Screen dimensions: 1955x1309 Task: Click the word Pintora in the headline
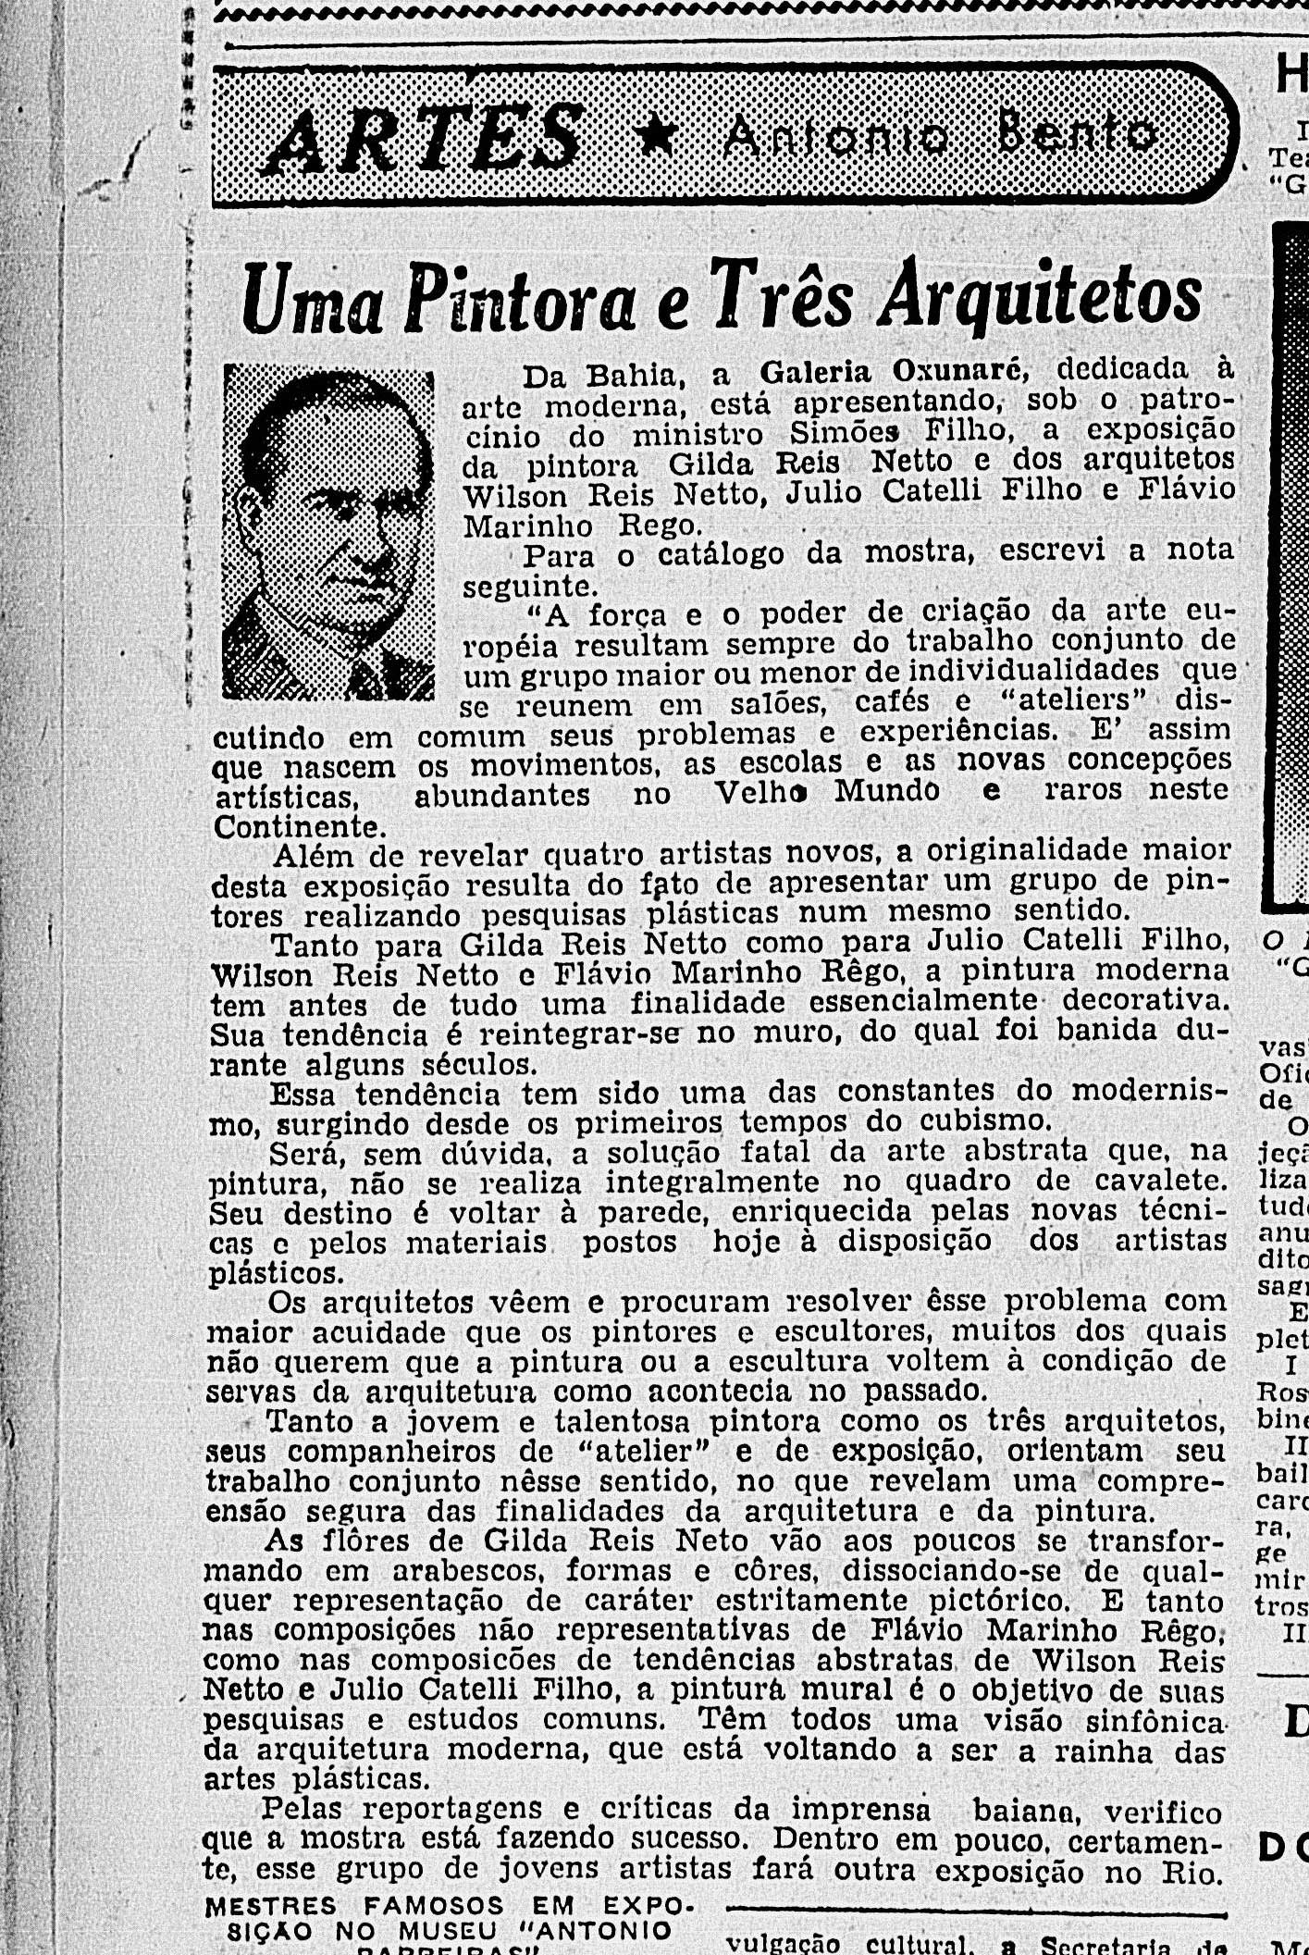pos(522,300)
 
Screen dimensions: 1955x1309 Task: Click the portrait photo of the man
pos(328,531)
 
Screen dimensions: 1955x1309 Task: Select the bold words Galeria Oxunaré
pos(892,371)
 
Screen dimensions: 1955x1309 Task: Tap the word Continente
pos(297,826)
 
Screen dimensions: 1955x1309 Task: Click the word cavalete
pos(1160,1180)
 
